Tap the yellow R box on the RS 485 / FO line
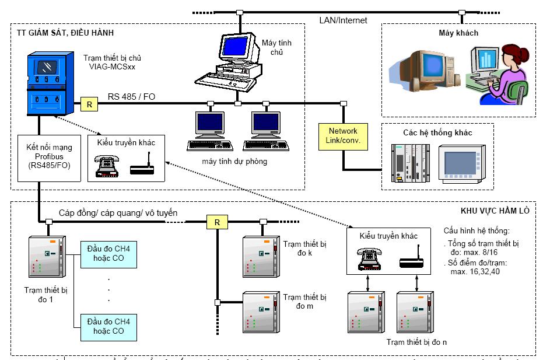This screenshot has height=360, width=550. click(89, 104)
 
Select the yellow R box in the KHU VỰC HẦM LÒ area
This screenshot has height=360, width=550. click(217, 222)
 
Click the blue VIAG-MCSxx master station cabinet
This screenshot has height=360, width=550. click(50, 83)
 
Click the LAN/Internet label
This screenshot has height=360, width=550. click(343, 20)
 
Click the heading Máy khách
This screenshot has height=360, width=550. click(458, 33)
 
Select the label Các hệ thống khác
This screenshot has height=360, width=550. click(437, 132)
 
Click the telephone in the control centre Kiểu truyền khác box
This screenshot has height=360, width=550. click(107, 165)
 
